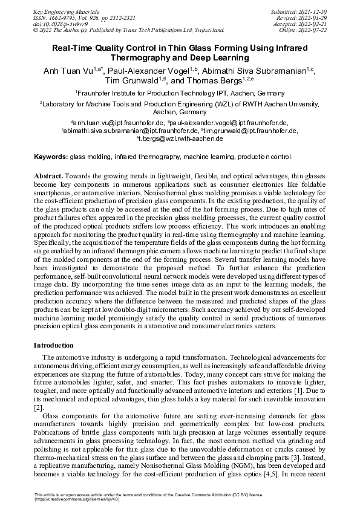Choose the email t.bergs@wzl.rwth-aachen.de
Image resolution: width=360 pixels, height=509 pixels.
tap(181, 139)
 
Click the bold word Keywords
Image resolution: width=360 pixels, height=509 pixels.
tap(51, 156)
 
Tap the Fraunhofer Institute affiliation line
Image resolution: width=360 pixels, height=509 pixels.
tap(180, 93)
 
